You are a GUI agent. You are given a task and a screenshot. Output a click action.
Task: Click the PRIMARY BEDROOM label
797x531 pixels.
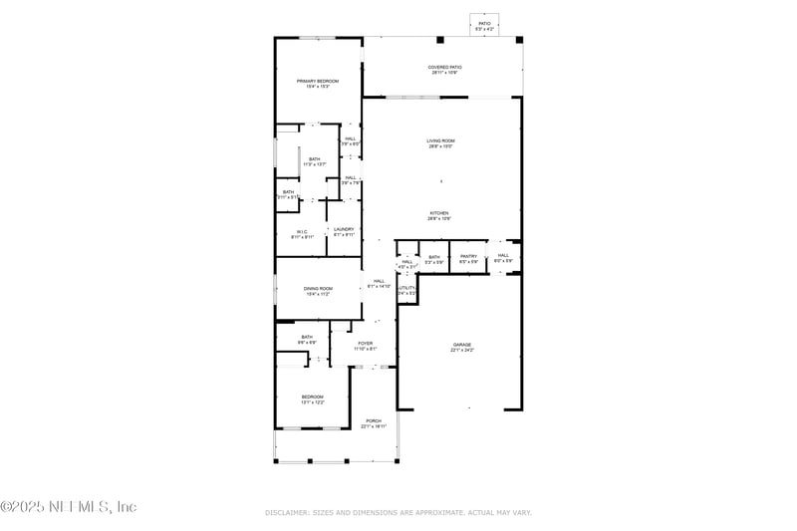[317, 81]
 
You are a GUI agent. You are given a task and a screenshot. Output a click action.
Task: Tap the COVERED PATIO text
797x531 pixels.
[445, 68]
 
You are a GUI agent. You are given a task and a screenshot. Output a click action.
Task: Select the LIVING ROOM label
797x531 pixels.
[440, 141]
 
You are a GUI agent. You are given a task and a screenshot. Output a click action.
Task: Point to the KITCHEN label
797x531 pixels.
[439, 213]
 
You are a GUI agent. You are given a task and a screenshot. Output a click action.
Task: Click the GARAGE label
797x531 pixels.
[461, 345]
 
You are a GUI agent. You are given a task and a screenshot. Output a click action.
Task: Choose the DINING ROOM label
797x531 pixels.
[317, 289]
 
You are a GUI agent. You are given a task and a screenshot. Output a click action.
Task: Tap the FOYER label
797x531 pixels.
[366, 344]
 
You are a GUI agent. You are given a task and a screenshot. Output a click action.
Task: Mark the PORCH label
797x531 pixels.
[374, 420]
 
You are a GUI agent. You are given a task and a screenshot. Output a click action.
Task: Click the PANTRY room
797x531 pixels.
[468, 257]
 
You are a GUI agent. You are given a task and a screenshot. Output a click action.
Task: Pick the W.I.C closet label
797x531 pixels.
[302, 232]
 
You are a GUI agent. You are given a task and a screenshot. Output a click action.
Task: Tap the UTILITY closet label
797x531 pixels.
[406, 289]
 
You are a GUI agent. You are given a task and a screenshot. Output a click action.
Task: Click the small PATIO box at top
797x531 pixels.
[484, 23]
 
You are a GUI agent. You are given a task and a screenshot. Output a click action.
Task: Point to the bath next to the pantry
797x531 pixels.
[434, 257]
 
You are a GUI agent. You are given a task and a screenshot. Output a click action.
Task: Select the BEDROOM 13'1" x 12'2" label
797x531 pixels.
[313, 398]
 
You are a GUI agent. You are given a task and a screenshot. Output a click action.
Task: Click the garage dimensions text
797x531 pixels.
[461, 351]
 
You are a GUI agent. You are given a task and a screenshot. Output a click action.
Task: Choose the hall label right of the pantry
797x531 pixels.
[503, 256]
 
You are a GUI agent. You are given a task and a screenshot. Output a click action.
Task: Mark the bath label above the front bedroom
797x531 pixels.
[307, 337]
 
